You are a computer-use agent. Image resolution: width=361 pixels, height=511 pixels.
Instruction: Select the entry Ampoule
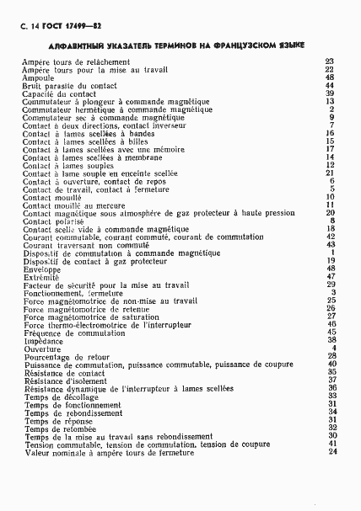(x=37, y=77)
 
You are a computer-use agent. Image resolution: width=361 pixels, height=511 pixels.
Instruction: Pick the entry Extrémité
(x=39, y=276)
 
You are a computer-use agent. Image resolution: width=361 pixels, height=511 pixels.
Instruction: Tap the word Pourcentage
(x=46, y=356)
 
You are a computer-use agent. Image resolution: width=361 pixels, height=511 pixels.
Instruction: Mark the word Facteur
(x=37, y=285)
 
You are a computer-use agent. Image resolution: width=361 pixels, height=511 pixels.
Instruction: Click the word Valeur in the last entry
(x=36, y=453)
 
